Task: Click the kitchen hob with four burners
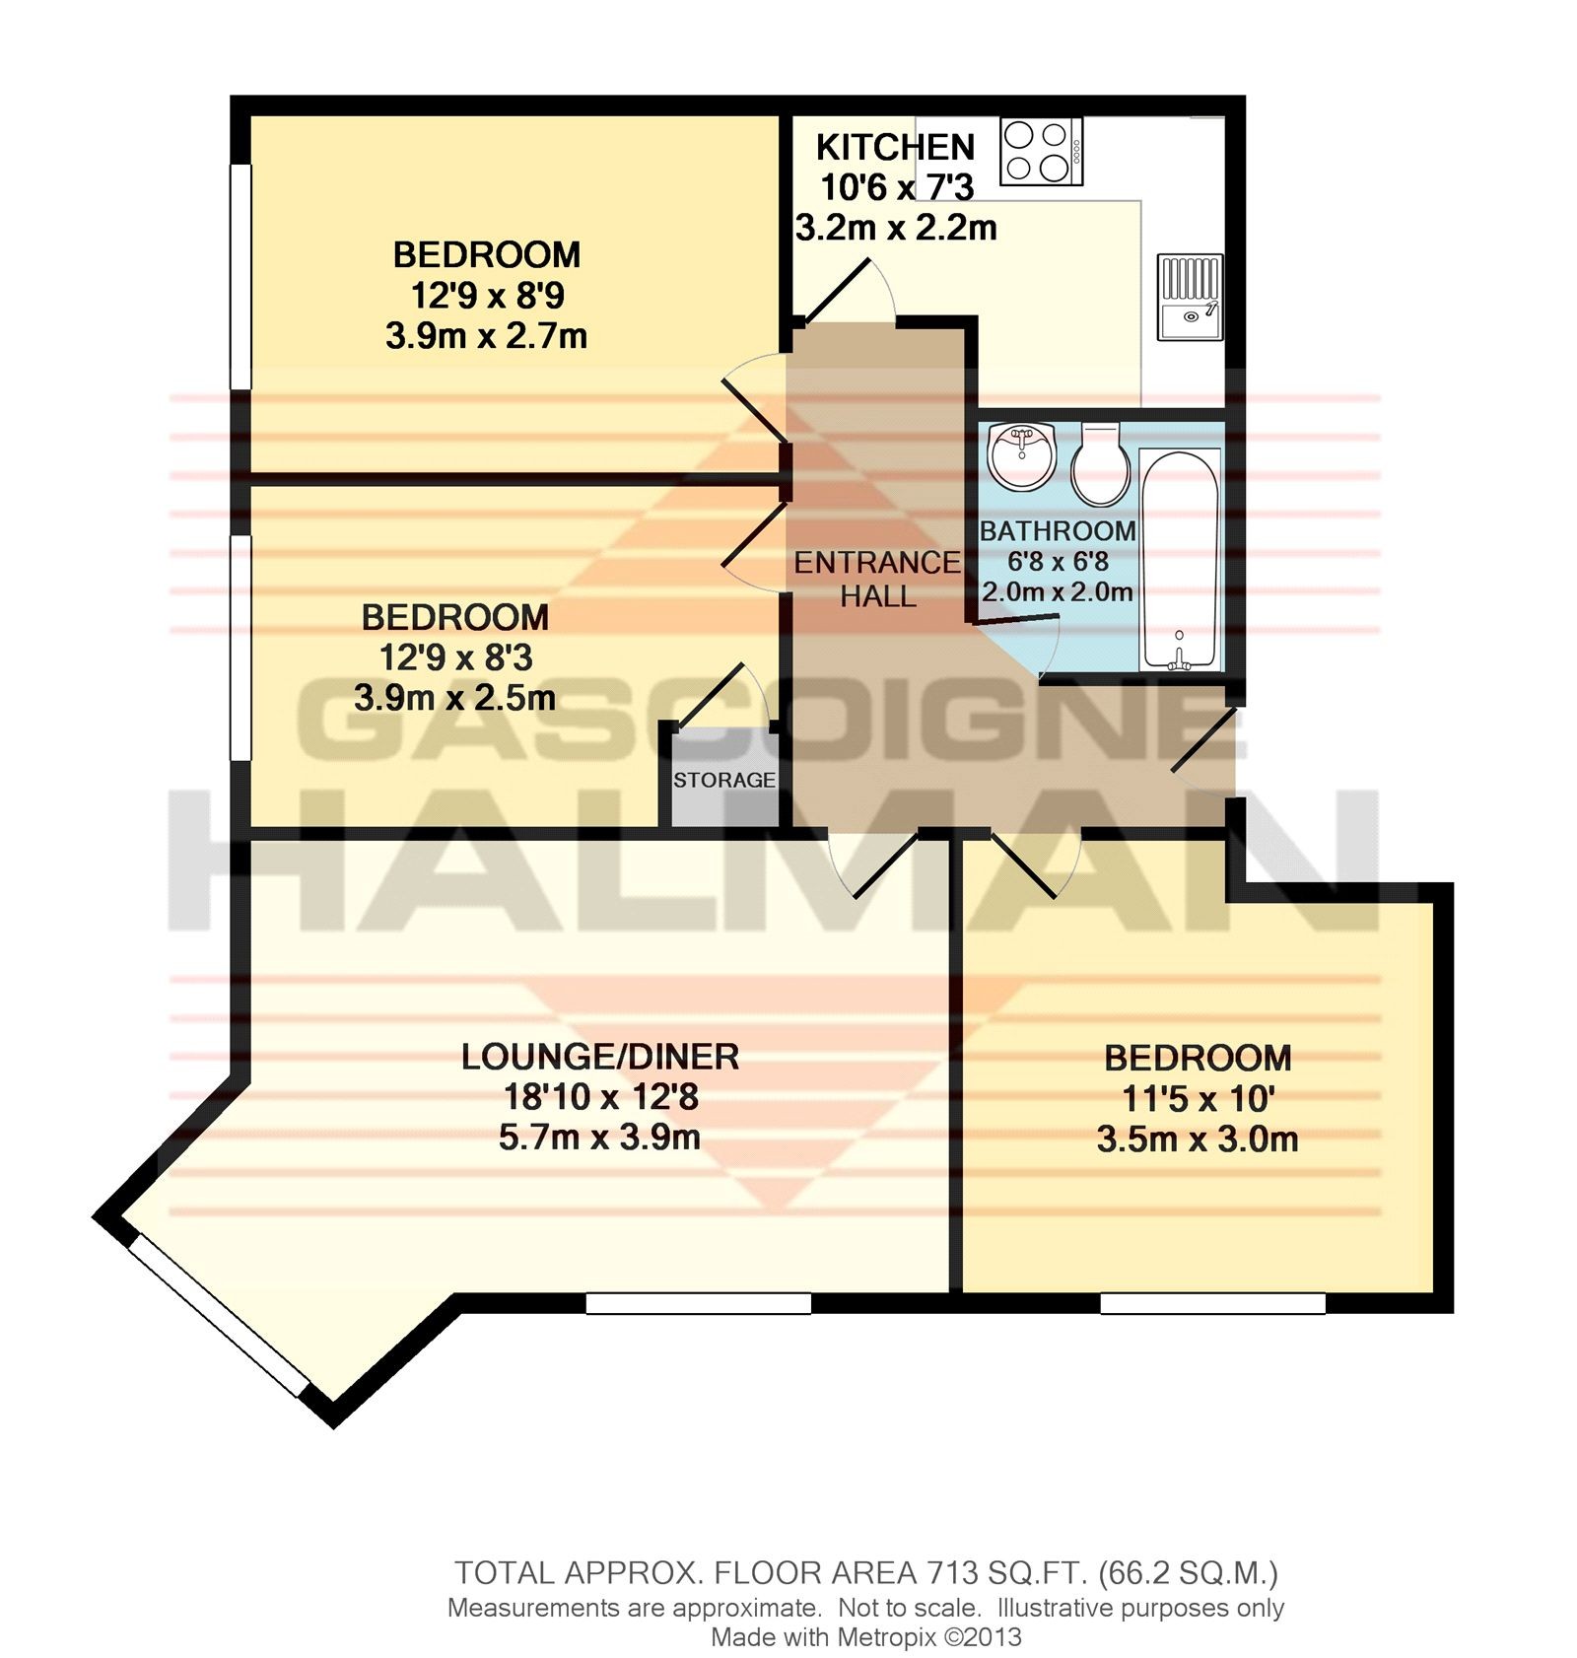point(1041,151)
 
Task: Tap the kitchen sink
point(1191,297)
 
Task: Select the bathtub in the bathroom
point(1180,560)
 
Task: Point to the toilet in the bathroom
point(1101,463)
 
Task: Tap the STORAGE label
point(724,780)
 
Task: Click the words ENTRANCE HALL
point(877,579)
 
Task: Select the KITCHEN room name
point(895,147)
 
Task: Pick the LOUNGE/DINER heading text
point(600,1057)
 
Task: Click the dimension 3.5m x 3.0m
point(1197,1140)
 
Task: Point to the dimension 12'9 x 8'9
point(487,295)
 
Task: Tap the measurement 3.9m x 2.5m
point(454,698)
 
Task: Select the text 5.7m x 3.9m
point(599,1138)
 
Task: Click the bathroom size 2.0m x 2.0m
point(1057,591)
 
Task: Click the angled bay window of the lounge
point(218,1315)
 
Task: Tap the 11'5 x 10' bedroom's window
point(1212,1303)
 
